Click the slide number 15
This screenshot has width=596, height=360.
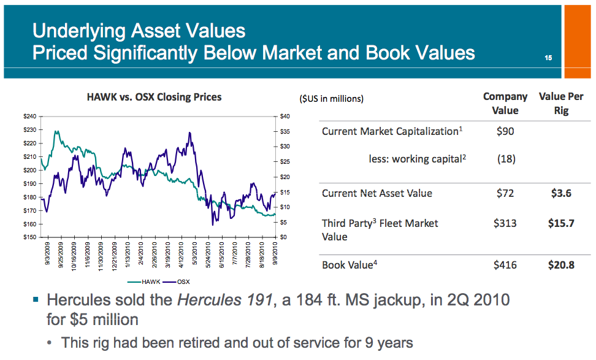(548, 58)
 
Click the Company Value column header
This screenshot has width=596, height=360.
(505, 104)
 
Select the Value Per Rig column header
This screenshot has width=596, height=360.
(561, 104)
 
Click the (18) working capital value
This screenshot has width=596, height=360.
(506, 159)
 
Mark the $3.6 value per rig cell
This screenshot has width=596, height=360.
(561, 194)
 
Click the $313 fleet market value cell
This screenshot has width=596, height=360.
(505, 223)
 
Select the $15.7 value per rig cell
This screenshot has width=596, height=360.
(561, 223)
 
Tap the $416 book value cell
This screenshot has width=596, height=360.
(505, 265)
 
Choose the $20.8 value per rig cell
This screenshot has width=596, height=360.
(561, 265)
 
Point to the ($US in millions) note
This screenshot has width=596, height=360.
(331, 98)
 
